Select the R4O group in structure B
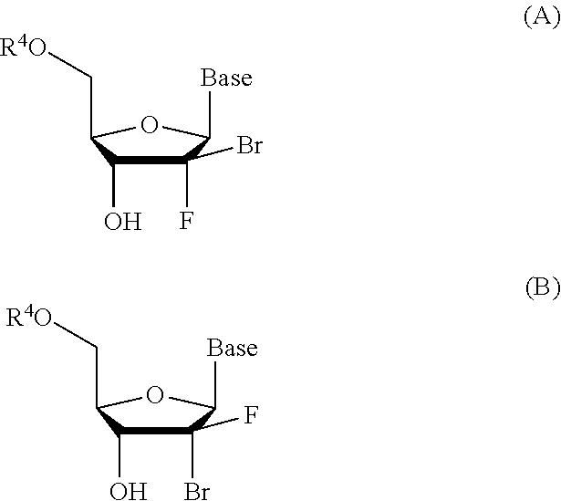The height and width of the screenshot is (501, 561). [29, 318]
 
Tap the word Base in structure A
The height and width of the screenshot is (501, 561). [226, 79]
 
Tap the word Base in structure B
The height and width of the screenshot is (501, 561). [232, 349]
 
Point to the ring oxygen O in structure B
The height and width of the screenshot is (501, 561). [155, 394]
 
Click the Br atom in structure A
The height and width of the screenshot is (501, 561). [249, 146]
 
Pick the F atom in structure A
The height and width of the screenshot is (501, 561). [185, 222]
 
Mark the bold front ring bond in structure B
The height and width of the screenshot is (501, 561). [155, 434]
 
